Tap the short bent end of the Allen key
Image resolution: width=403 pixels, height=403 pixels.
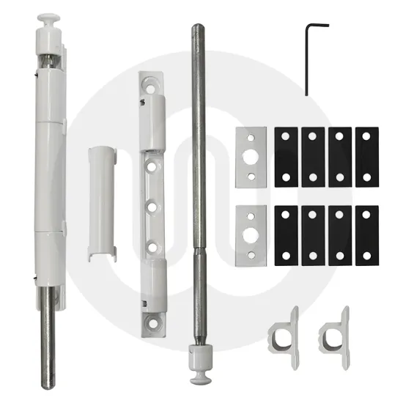click(x=318, y=26)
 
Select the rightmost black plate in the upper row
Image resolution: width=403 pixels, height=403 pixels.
click(x=367, y=156)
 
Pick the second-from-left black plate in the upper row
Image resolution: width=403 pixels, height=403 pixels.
click(x=314, y=156)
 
